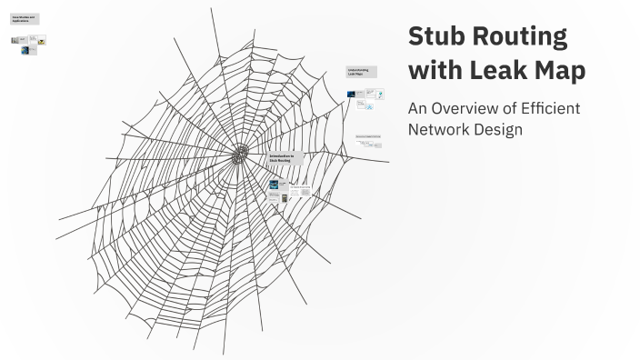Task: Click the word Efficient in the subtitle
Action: pos(549,108)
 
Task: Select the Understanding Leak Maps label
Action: pos(361,71)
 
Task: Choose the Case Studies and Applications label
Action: pos(25,19)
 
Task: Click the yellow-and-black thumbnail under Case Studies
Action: pos(42,41)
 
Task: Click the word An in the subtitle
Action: pos(418,108)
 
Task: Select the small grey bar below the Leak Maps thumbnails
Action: pos(367,137)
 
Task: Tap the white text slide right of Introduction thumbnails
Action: pos(300,193)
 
